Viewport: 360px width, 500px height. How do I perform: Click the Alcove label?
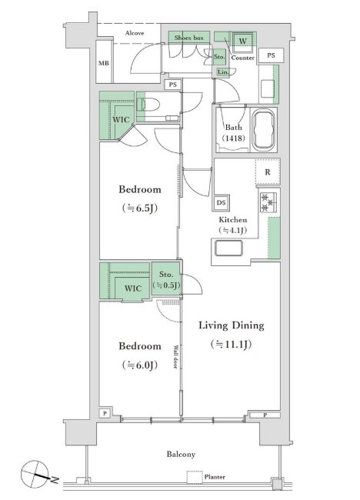click(x=135, y=33)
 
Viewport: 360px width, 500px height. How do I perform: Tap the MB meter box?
click(x=104, y=62)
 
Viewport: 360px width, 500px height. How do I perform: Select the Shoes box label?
click(x=188, y=38)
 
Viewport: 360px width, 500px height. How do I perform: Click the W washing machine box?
click(x=242, y=41)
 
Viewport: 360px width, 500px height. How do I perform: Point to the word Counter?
click(x=242, y=58)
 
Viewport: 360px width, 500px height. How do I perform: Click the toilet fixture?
click(x=148, y=104)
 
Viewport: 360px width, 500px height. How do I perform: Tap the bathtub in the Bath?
click(x=263, y=130)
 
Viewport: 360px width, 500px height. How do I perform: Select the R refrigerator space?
click(x=268, y=172)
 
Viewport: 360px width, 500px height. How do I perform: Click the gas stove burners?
click(x=268, y=202)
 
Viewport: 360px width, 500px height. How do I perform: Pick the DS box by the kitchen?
click(x=221, y=202)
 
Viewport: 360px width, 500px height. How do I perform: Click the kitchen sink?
click(x=228, y=248)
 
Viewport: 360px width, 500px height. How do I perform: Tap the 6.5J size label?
click(x=140, y=208)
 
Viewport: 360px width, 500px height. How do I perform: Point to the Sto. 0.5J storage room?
click(x=166, y=280)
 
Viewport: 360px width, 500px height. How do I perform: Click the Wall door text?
click(x=175, y=357)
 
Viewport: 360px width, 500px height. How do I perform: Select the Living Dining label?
click(x=232, y=325)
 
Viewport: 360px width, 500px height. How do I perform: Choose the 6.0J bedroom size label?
click(x=140, y=365)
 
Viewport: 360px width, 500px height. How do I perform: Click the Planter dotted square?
click(x=195, y=477)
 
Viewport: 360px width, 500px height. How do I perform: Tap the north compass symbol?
click(x=35, y=474)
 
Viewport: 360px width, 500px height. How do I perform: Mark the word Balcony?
click(x=181, y=454)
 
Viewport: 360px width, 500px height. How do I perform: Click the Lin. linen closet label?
click(x=223, y=72)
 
